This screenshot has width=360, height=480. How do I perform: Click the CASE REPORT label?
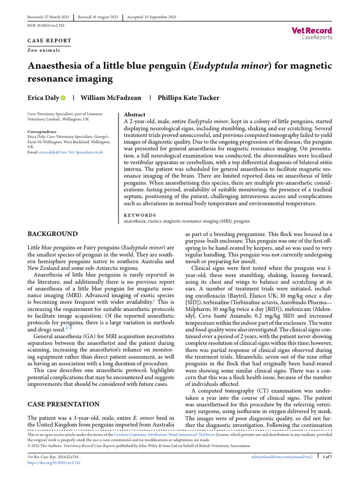tap(49, 41)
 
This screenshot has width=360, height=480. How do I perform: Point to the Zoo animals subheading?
tap(44, 50)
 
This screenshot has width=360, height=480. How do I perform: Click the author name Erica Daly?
tap(43, 98)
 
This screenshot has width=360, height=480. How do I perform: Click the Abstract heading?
tap(135, 114)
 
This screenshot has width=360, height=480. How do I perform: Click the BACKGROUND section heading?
tap(52, 233)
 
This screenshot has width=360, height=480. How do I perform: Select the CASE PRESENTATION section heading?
tap(63, 404)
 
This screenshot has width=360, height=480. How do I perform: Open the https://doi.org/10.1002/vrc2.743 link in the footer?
tap(53, 462)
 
